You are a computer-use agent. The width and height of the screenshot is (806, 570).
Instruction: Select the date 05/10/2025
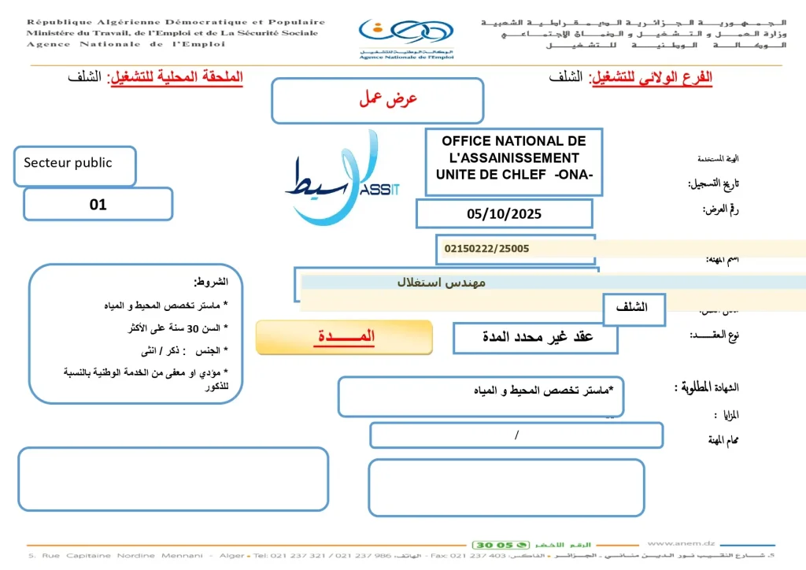(504, 213)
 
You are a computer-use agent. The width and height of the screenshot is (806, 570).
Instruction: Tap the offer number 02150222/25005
(486, 249)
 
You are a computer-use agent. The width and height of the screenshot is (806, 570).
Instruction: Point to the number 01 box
(98, 205)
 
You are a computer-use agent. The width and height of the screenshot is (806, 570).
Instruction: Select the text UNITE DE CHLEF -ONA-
(513, 175)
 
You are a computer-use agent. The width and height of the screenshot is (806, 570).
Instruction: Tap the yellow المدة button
(345, 337)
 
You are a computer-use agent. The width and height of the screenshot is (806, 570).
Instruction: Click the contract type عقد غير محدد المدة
(537, 338)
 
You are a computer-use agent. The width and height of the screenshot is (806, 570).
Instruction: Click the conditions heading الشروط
(211, 282)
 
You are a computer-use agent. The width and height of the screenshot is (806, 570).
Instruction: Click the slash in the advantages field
(516, 434)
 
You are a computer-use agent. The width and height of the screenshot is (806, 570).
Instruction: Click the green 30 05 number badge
(493, 545)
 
